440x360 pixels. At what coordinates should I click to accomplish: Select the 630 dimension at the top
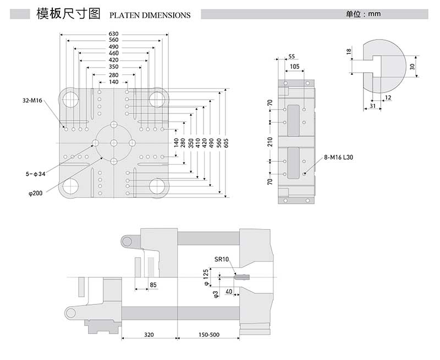(x=114, y=34)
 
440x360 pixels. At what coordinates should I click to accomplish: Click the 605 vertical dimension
(x=226, y=143)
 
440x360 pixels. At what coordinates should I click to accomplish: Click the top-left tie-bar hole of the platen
(x=70, y=99)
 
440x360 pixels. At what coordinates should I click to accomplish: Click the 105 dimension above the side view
(x=294, y=66)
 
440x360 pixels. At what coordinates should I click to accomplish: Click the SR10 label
(x=221, y=259)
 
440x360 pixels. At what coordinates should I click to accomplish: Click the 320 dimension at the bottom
(x=149, y=334)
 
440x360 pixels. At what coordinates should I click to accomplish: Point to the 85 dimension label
(x=153, y=285)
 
